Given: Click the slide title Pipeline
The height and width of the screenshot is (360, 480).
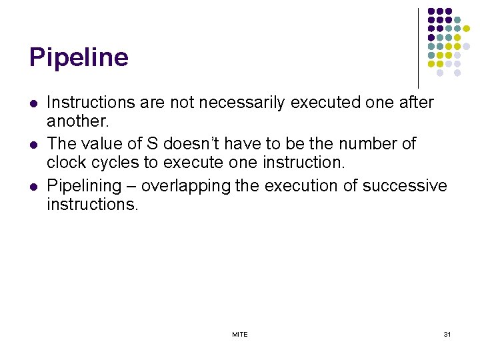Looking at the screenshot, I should point(79,58).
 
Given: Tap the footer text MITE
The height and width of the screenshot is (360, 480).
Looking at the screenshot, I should point(240,334).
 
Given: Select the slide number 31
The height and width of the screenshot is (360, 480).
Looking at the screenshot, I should point(447,334).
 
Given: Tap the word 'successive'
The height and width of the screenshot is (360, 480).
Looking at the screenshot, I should point(407,185).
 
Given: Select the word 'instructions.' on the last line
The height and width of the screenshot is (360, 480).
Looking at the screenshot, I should point(92,204).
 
